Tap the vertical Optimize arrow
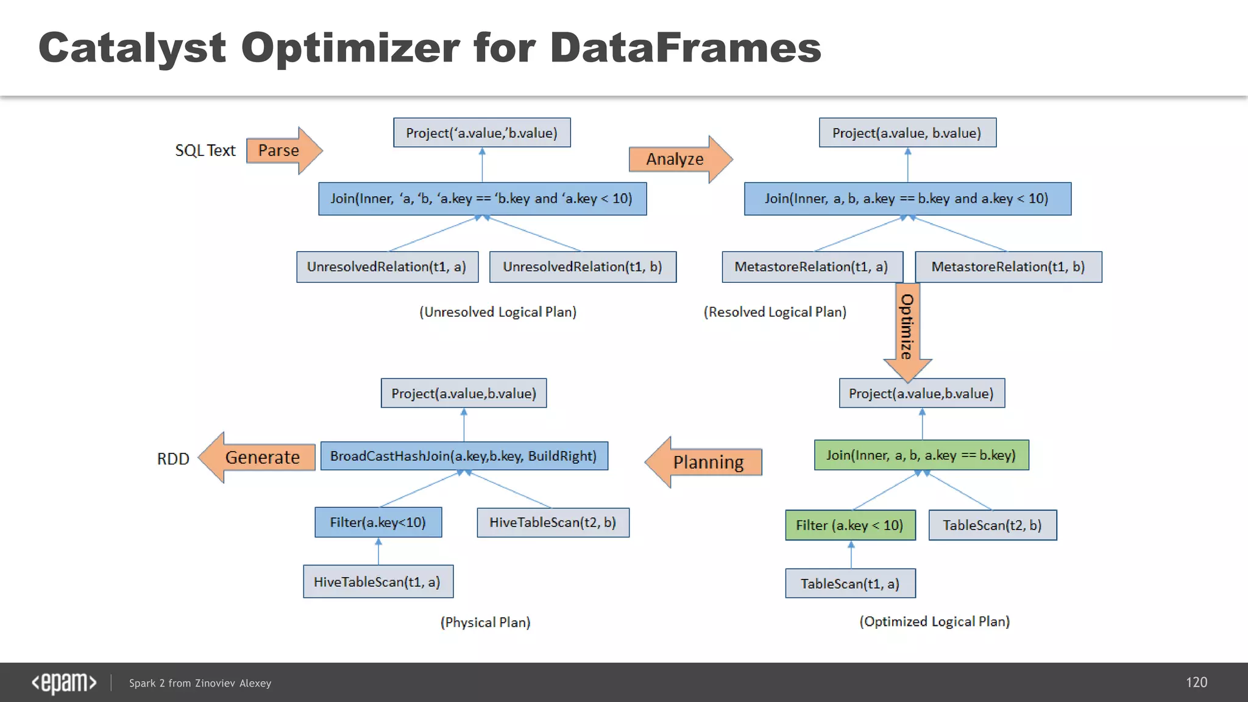(x=907, y=329)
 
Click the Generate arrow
(x=258, y=458)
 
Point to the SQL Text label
(x=205, y=151)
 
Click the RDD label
(x=173, y=459)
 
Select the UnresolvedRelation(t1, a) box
(x=387, y=267)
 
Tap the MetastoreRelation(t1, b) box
(x=1008, y=267)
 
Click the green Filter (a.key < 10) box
(x=850, y=525)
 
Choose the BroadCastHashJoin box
(x=464, y=456)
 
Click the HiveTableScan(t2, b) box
(x=553, y=522)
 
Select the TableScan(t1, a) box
(x=850, y=584)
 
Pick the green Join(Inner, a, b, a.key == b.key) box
(x=921, y=455)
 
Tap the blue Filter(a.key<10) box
(x=378, y=522)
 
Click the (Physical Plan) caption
(x=485, y=622)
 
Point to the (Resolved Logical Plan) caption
(x=775, y=312)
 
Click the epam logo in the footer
(x=64, y=682)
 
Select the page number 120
(x=1196, y=682)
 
